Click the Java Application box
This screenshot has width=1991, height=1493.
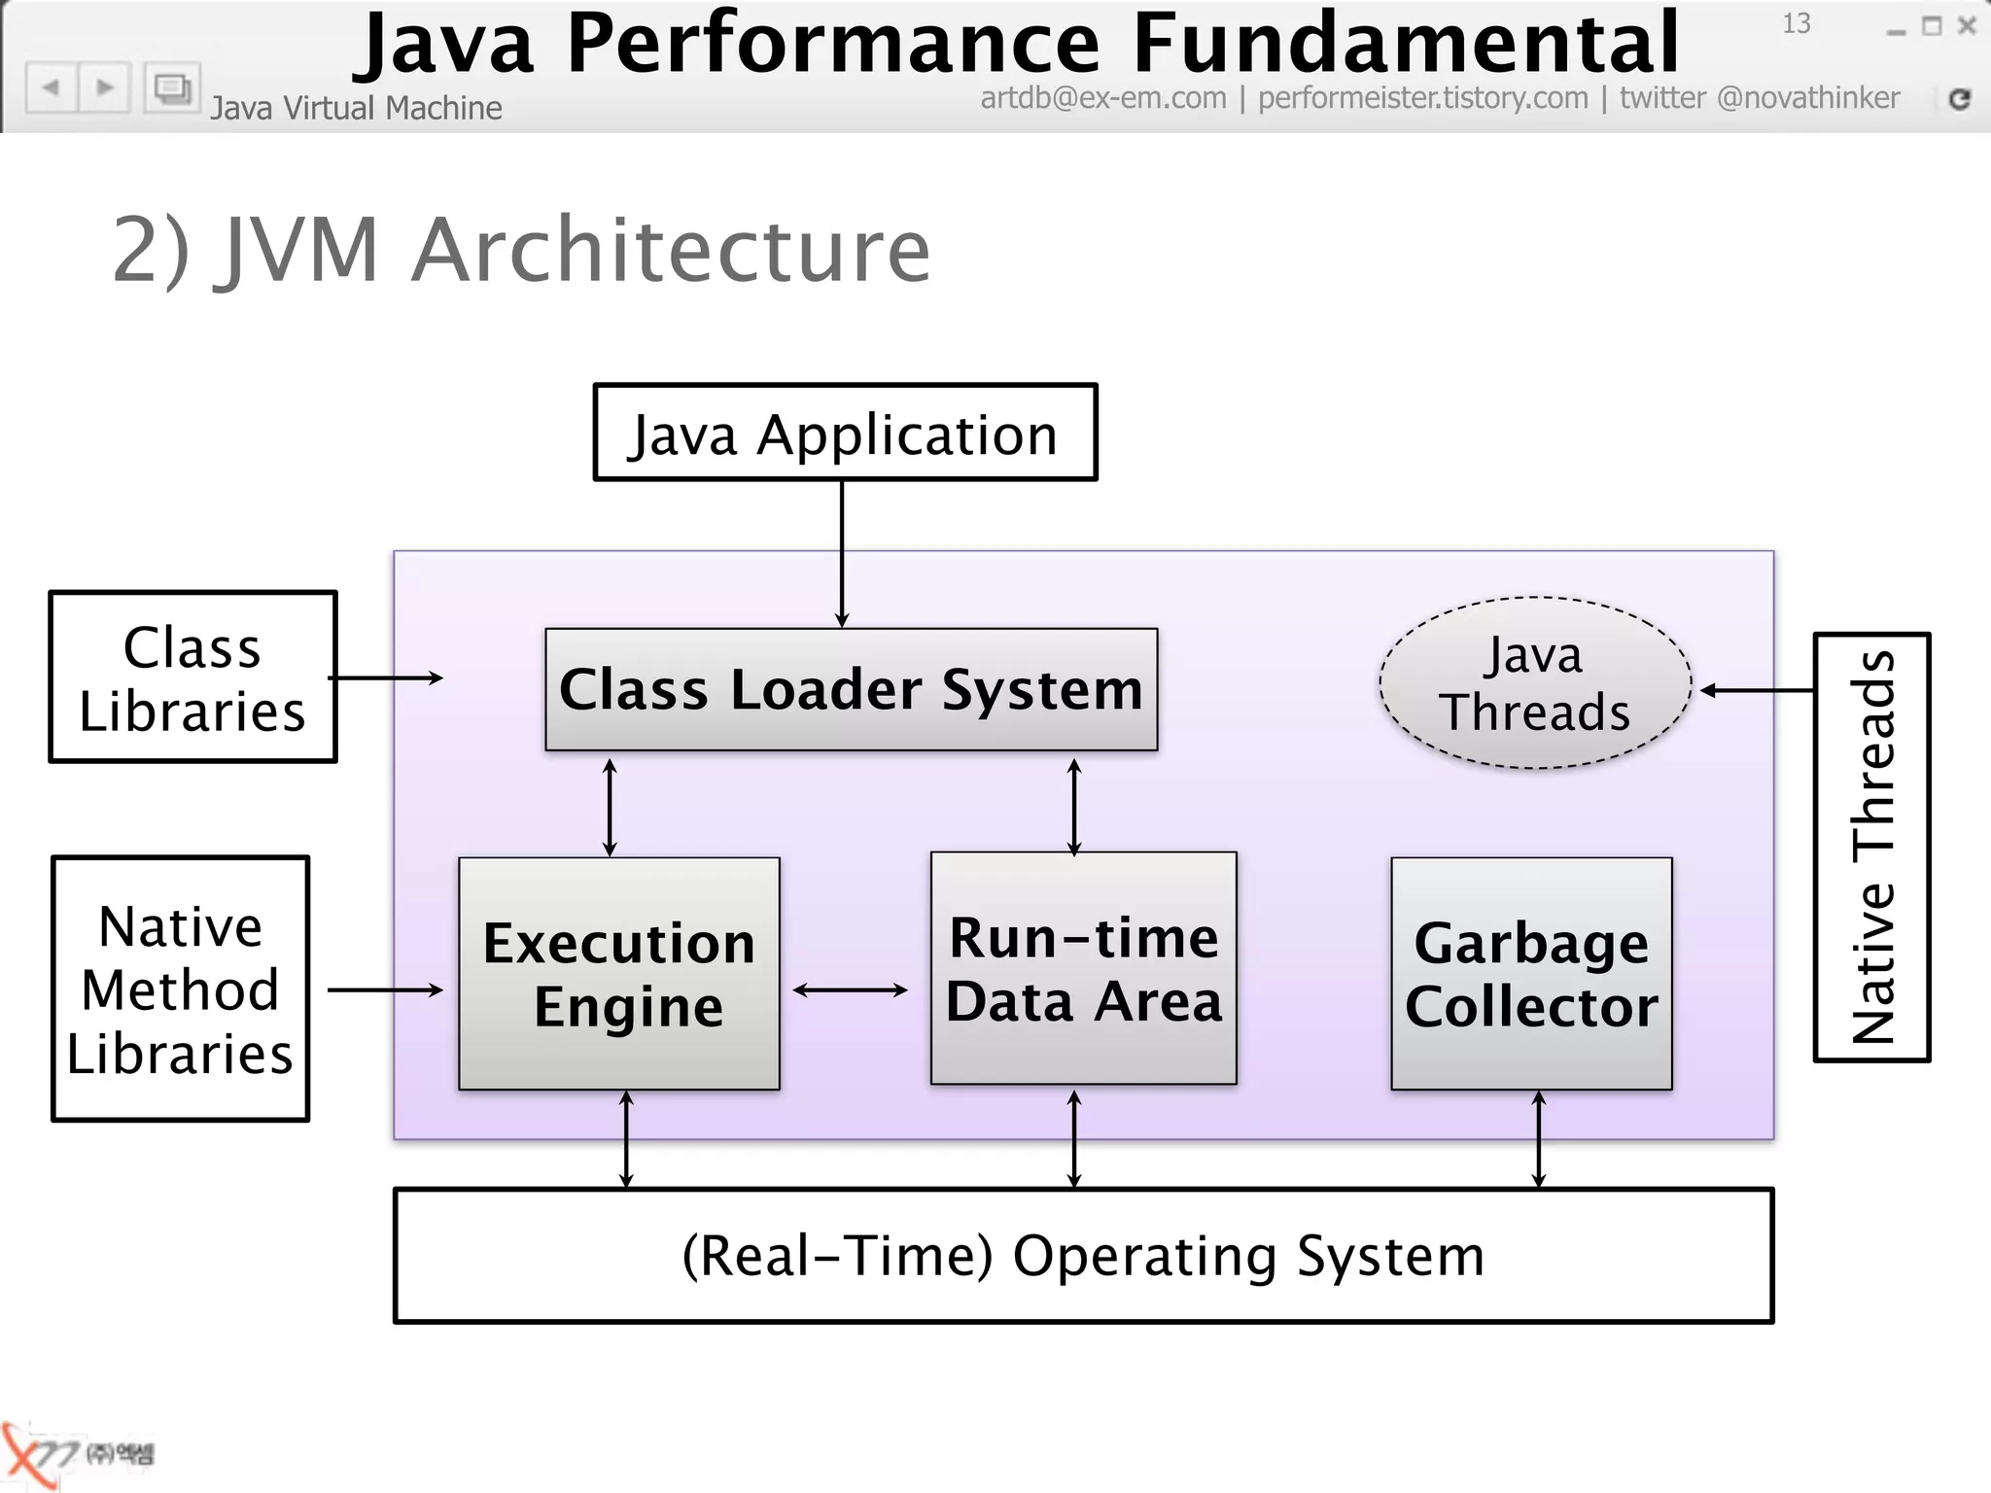click(x=845, y=433)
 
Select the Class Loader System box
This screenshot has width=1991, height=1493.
click(x=851, y=689)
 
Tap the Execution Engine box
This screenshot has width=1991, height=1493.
click(x=619, y=973)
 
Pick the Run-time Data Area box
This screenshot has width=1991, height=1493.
click(x=1083, y=968)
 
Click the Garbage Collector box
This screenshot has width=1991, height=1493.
click(x=1531, y=973)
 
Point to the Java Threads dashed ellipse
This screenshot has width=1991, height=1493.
click(x=1535, y=683)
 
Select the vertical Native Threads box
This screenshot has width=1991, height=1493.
click(x=1871, y=847)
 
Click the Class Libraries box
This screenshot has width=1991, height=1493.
click(x=192, y=677)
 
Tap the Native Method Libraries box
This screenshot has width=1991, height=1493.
click(x=180, y=989)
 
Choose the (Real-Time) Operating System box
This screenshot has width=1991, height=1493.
click(x=1083, y=1255)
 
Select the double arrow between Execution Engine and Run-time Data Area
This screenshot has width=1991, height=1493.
click(x=850, y=990)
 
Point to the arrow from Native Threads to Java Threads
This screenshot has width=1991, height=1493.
click(x=1756, y=690)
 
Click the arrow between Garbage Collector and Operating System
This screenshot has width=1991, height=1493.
click(x=1538, y=1139)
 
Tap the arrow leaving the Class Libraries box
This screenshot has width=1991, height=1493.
click(x=387, y=677)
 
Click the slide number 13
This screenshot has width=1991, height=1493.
click(x=1796, y=23)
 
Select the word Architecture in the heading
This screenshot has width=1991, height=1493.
click(x=671, y=251)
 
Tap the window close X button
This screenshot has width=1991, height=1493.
click(x=1967, y=26)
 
